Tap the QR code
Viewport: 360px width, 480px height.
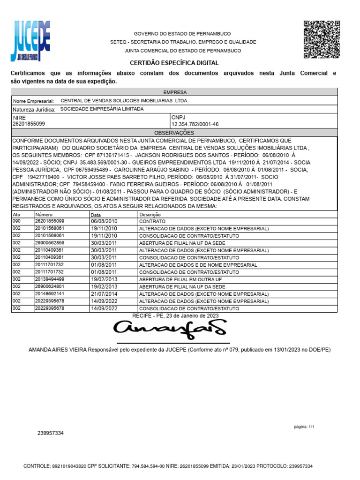322,39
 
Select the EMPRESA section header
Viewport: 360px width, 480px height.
174,92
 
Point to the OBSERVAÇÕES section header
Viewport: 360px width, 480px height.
174,133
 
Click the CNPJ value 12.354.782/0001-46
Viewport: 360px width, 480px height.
195,124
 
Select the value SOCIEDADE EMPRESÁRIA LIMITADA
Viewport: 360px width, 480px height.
102,109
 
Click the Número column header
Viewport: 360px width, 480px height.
44,214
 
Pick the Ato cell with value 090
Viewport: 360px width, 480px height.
17,221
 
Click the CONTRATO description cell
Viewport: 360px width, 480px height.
152,221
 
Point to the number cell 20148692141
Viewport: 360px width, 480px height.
50,293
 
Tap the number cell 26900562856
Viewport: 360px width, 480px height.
50,243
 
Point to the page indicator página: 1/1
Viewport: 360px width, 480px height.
304,427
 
